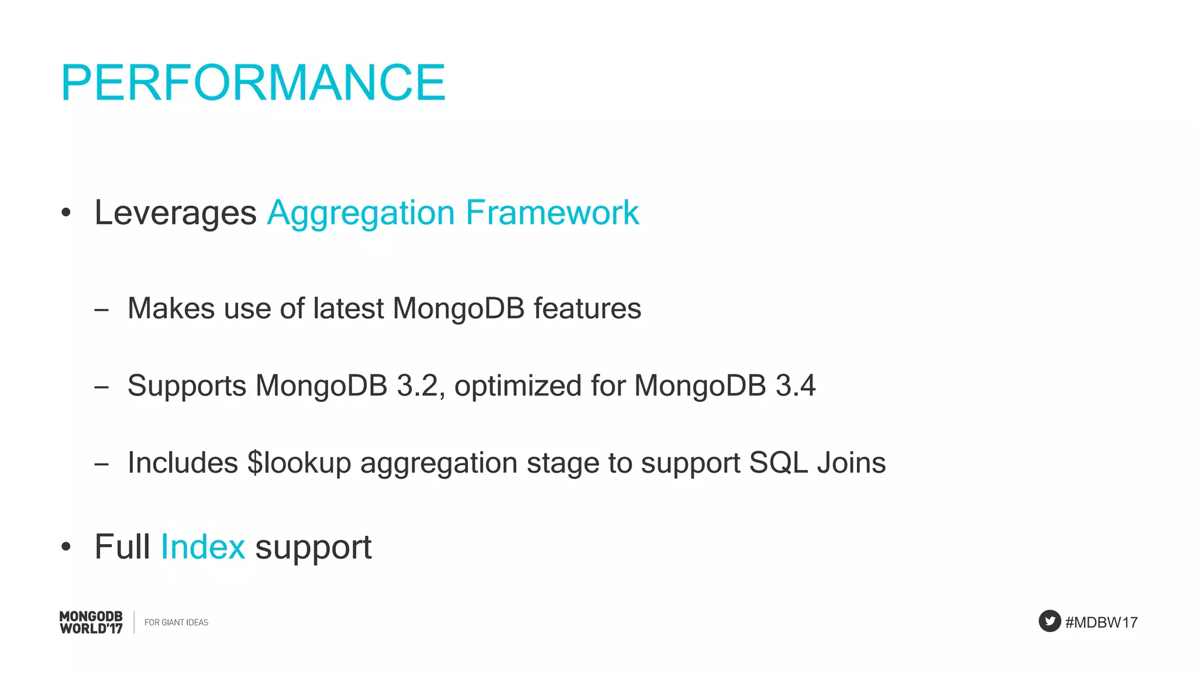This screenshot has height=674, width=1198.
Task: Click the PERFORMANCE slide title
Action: tap(253, 83)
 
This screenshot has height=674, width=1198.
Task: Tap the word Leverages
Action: tap(175, 212)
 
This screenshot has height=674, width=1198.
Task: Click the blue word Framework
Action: tap(552, 212)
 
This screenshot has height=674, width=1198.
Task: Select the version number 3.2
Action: tap(418, 386)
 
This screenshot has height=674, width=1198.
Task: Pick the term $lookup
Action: tap(299, 463)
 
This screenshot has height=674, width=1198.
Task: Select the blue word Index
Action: tap(202, 547)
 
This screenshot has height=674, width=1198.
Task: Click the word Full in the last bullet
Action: tap(122, 547)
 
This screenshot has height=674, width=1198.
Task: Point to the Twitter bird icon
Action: tap(1049, 621)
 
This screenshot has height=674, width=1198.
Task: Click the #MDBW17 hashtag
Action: tap(1101, 623)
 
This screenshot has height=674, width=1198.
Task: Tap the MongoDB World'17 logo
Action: tap(91, 622)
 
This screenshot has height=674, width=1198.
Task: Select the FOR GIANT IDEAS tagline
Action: tap(176, 623)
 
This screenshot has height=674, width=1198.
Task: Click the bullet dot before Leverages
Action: tap(66, 214)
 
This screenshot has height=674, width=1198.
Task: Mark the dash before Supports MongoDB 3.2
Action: tap(101, 387)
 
